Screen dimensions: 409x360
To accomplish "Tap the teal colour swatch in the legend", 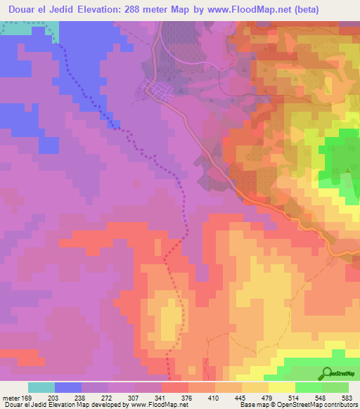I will tap(41, 387).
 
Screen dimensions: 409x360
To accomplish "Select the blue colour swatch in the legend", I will tap(68, 387).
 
